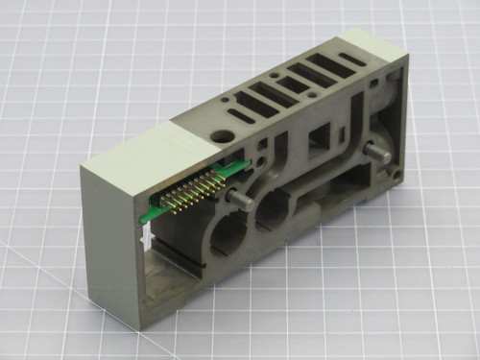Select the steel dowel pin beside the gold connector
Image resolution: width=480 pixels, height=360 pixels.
[239, 203]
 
